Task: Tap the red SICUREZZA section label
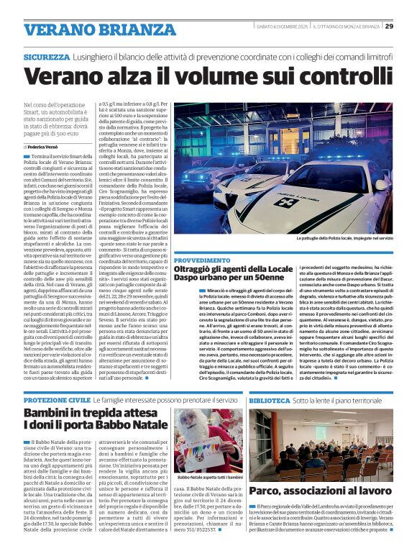(46, 55)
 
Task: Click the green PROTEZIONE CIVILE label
(57, 399)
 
